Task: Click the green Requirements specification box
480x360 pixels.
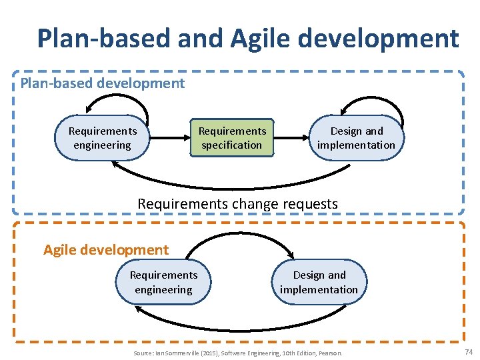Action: point(232,138)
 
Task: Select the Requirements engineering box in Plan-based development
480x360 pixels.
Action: point(102,138)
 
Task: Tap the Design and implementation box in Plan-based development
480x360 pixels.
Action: point(356,138)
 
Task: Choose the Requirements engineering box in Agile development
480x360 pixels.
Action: point(163,282)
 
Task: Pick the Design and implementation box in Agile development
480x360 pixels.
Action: point(319,282)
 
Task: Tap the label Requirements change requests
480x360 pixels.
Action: point(237,203)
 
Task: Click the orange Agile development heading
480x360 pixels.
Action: point(106,250)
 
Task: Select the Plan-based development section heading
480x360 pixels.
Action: point(103,83)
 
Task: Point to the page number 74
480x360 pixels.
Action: point(468,352)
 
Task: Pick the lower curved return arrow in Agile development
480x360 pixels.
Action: point(240,319)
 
